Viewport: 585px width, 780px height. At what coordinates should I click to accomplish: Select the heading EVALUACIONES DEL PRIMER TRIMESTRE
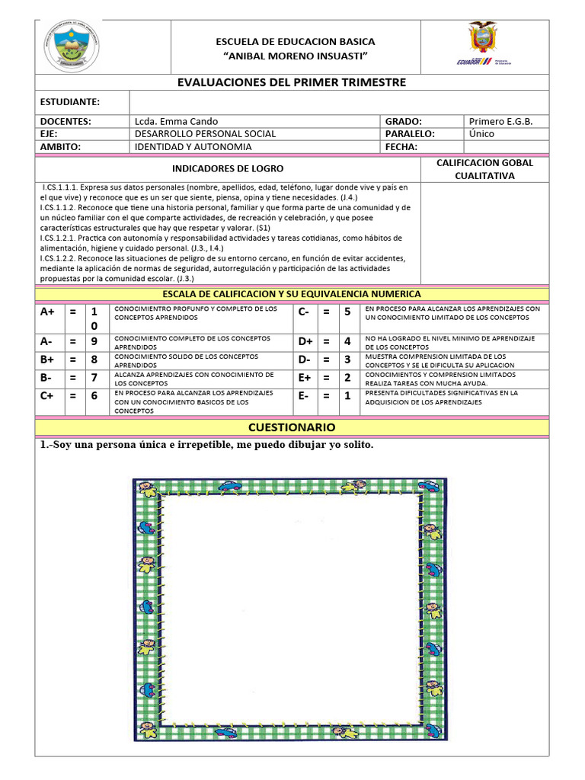[x=292, y=82]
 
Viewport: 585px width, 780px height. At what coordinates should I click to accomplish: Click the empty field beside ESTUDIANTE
[x=339, y=102]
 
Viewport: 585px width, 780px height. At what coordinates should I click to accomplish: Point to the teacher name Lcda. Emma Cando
[x=176, y=121]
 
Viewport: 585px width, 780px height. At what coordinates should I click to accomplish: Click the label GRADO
[x=403, y=121]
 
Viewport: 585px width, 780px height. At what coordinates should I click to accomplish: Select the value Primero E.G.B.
[x=500, y=121]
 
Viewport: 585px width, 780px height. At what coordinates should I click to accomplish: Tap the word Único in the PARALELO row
[x=481, y=133]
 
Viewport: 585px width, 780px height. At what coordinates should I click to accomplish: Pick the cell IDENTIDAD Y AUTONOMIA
[x=193, y=146]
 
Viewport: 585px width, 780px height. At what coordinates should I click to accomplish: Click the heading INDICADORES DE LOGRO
[x=228, y=168]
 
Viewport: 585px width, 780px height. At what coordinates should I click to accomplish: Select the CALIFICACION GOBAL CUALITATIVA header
[x=484, y=169]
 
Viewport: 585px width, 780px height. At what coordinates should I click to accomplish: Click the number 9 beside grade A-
[x=94, y=341]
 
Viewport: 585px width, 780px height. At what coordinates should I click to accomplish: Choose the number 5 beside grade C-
[x=347, y=312]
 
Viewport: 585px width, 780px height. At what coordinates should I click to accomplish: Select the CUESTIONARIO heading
[x=292, y=427]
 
